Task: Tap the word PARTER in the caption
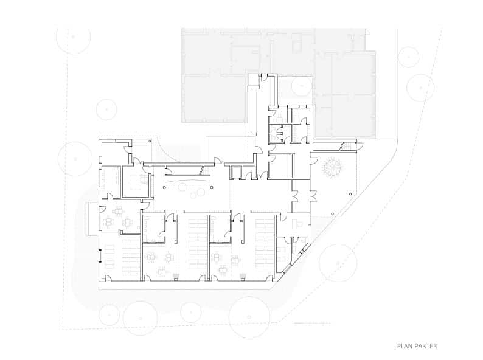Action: coord(425,346)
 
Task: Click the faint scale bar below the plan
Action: coord(312,324)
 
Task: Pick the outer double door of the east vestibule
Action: coord(314,196)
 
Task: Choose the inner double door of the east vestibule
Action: coord(295,196)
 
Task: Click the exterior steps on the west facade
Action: coord(89,219)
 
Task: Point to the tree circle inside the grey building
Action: coord(302,86)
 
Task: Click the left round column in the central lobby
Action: coord(164,187)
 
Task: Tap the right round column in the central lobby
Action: coord(212,187)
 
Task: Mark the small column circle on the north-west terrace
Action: coord(150,141)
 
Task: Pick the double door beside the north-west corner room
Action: coord(137,162)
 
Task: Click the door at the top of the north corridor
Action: coord(264,78)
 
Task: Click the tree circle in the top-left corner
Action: coord(74,37)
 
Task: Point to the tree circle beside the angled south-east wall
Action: coord(338,263)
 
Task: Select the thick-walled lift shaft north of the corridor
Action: coord(235,173)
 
